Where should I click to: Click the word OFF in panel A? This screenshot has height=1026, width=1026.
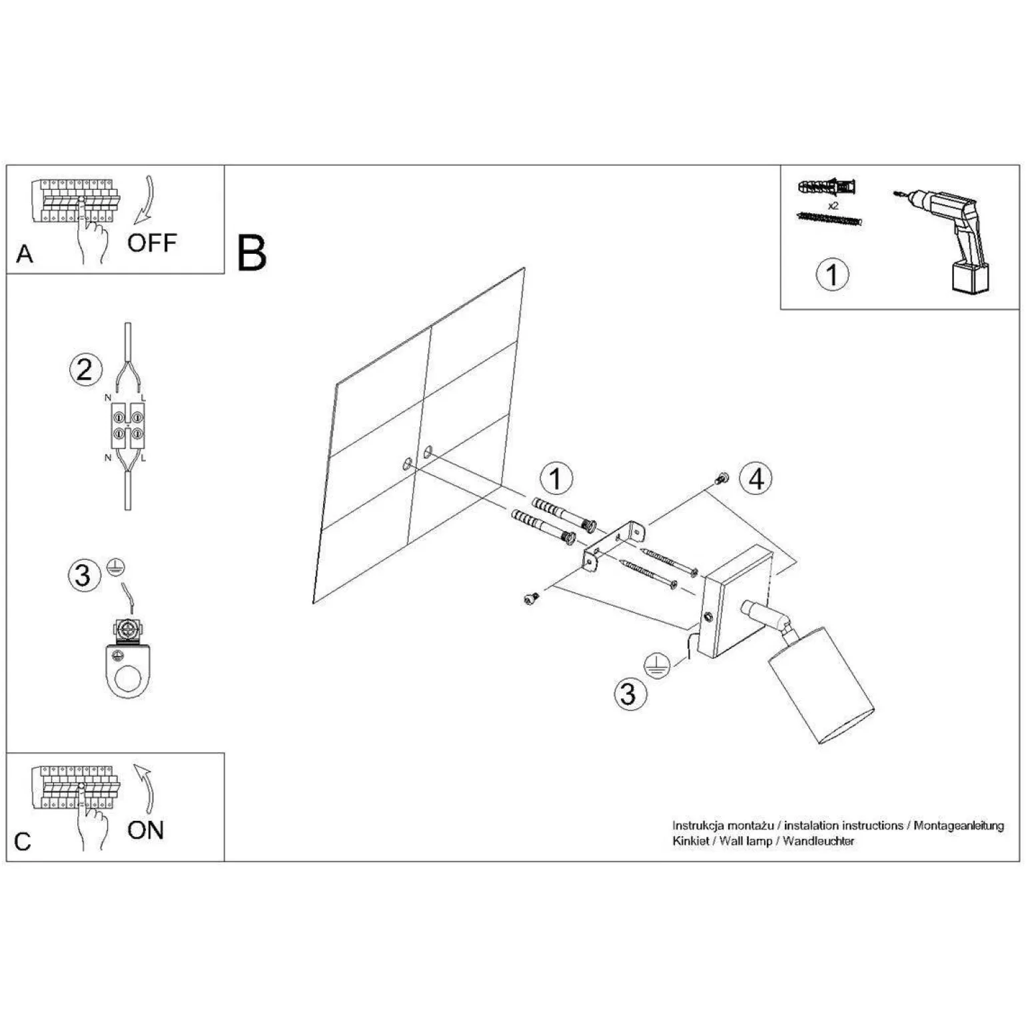coord(152,243)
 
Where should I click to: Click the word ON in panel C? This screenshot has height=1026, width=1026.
coord(145,830)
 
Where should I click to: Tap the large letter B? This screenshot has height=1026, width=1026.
coord(252,253)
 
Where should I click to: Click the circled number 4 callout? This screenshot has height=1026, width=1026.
coord(756,478)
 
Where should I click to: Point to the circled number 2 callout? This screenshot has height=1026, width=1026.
coord(86,370)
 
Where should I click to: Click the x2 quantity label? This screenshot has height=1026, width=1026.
coord(833,206)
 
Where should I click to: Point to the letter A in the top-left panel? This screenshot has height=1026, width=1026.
coord(25,254)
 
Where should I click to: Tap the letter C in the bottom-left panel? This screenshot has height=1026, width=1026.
coord(23,841)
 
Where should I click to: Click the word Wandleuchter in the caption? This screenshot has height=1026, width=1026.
coord(818,841)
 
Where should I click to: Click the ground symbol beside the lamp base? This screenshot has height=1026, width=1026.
coord(656,666)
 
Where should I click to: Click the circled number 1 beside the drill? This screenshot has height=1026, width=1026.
coord(832,274)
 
